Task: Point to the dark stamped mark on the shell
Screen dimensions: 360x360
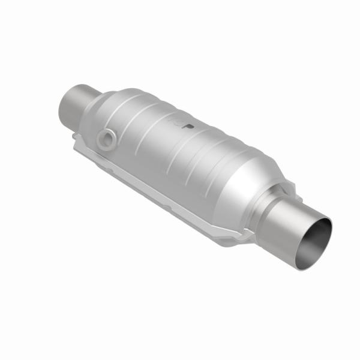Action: (x=188, y=125)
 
